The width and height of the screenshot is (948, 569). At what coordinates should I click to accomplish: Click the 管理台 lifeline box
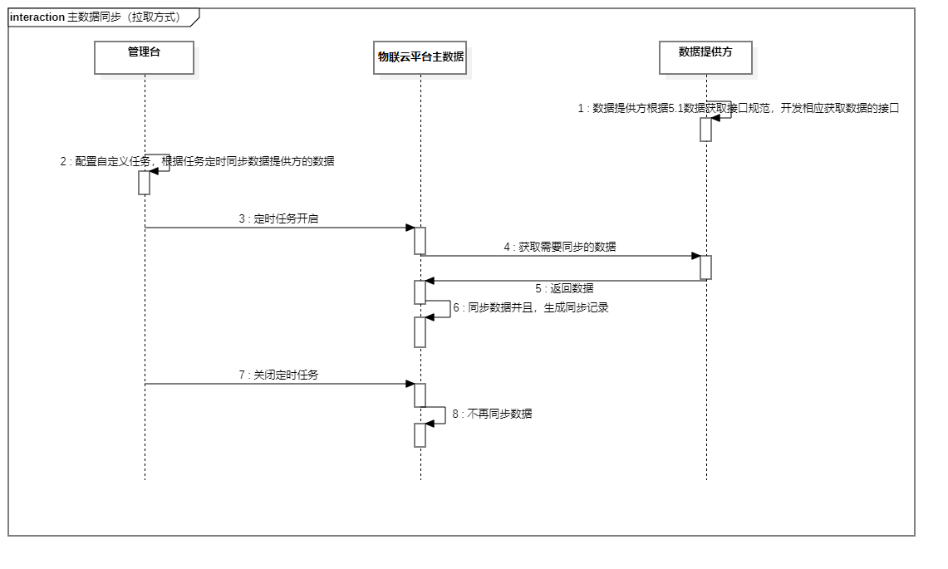click(x=144, y=57)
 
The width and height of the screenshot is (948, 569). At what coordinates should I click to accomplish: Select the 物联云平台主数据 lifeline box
click(x=420, y=57)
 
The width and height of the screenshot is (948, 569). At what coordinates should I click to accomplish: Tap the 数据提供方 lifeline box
click(x=705, y=57)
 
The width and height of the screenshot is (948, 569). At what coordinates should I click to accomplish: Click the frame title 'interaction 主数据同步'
click(x=95, y=17)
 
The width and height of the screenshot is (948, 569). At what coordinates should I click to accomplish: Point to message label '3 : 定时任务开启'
click(x=278, y=219)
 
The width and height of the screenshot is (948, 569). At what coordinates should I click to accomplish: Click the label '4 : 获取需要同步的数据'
click(x=560, y=247)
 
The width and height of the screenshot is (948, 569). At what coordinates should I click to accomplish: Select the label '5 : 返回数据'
click(x=564, y=288)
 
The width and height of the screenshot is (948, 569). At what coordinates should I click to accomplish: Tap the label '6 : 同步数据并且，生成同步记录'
click(x=530, y=307)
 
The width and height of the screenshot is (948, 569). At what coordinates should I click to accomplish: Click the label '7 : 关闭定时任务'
click(x=278, y=375)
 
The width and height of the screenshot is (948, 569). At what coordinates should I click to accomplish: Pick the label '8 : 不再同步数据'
click(x=492, y=414)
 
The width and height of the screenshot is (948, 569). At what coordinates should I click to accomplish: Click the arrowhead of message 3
click(x=410, y=228)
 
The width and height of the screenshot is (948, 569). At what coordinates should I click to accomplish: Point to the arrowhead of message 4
click(x=696, y=256)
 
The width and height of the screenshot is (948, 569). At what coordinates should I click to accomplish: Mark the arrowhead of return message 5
click(x=430, y=281)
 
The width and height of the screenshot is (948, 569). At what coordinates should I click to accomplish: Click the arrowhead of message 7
click(x=410, y=384)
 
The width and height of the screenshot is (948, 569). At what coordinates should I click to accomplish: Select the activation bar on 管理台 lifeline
click(x=144, y=183)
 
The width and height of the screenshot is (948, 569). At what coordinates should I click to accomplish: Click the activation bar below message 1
click(x=705, y=130)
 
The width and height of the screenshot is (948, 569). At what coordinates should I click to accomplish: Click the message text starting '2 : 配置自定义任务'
click(x=197, y=161)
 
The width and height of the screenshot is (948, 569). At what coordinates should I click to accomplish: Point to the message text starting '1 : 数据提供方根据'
click(x=739, y=108)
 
